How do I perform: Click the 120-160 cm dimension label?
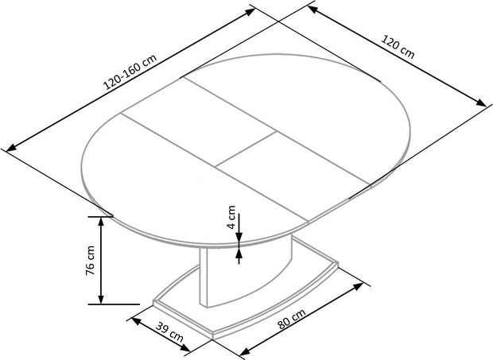[x=130, y=72]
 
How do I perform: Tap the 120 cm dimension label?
[x=398, y=47]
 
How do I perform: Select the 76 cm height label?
[x=90, y=261]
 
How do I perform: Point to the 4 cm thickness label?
[x=231, y=217]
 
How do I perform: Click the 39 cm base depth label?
[x=169, y=331]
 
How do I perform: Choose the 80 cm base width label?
[x=292, y=319]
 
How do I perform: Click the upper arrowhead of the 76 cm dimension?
[x=101, y=222]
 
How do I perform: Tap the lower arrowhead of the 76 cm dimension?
[x=101, y=300]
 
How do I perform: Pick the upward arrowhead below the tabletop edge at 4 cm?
[x=239, y=252]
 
